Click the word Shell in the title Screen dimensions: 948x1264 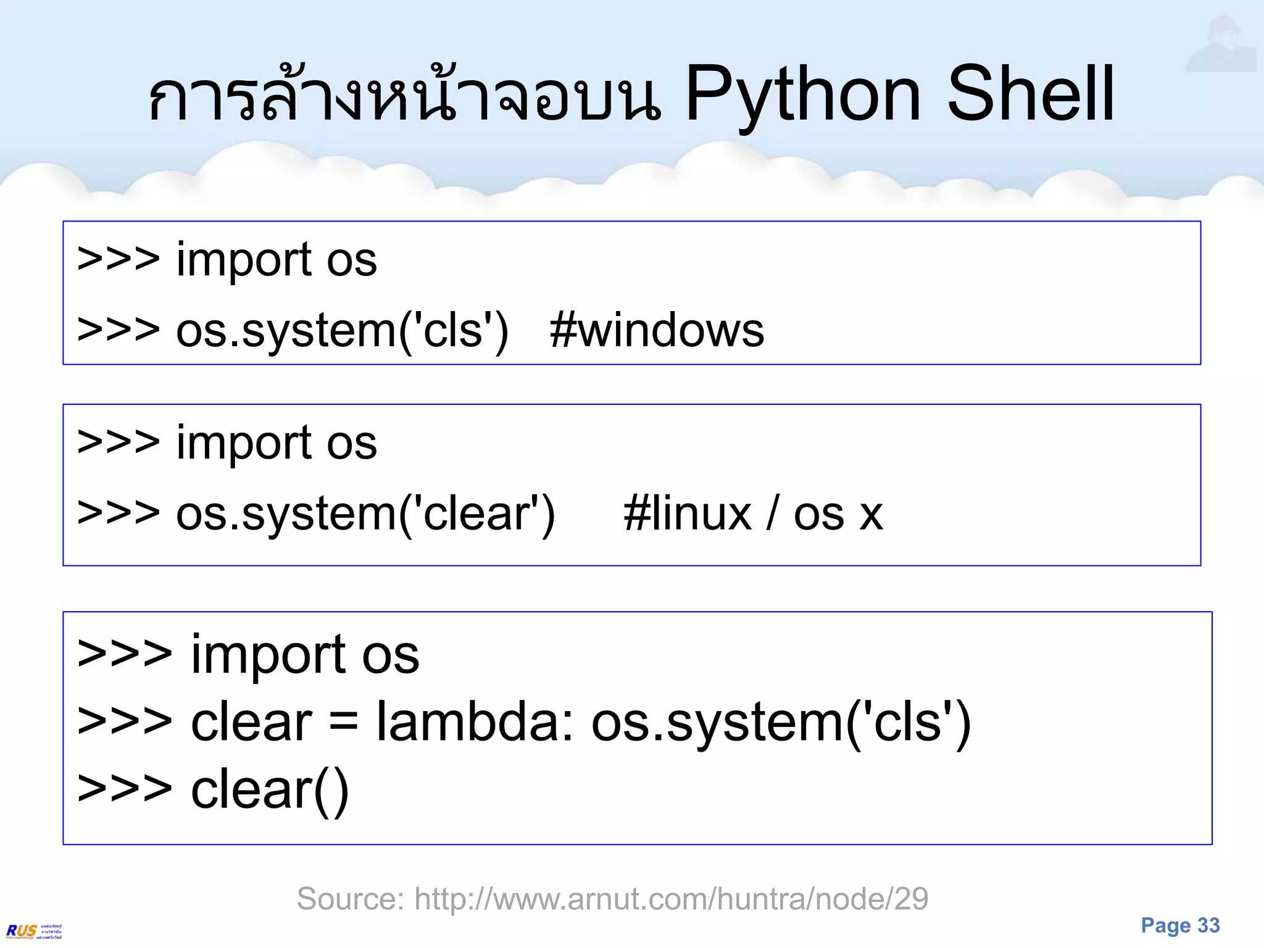point(1031,96)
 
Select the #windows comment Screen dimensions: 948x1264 point(657,330)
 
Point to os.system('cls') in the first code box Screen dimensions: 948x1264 point(343,330)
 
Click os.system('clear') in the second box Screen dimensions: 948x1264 point(365,513)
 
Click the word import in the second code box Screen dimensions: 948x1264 point(244,443)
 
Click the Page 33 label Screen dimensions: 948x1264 point(1180,925)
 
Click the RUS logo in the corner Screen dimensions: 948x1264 point(34,931)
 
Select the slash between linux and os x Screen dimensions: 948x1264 point(772,513)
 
